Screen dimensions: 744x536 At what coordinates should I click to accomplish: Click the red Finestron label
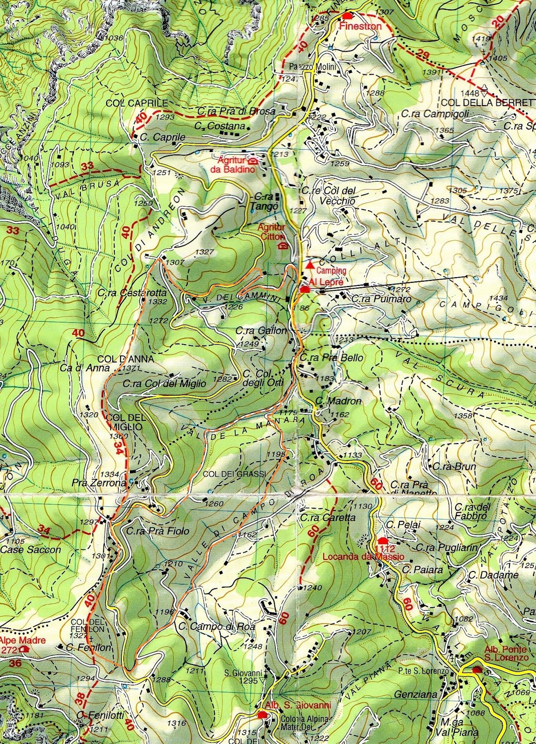pos(360,27)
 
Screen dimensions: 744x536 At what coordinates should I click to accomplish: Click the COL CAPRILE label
pos(130,103)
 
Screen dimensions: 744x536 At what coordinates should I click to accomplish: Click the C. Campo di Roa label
pos(217,627)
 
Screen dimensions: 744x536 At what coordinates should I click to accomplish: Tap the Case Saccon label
pos(31,550)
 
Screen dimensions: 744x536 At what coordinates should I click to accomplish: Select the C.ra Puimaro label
pos(381,299)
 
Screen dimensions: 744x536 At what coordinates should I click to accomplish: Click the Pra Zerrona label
pos(99,483)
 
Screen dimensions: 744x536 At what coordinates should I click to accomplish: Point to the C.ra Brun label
pos(448,467)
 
